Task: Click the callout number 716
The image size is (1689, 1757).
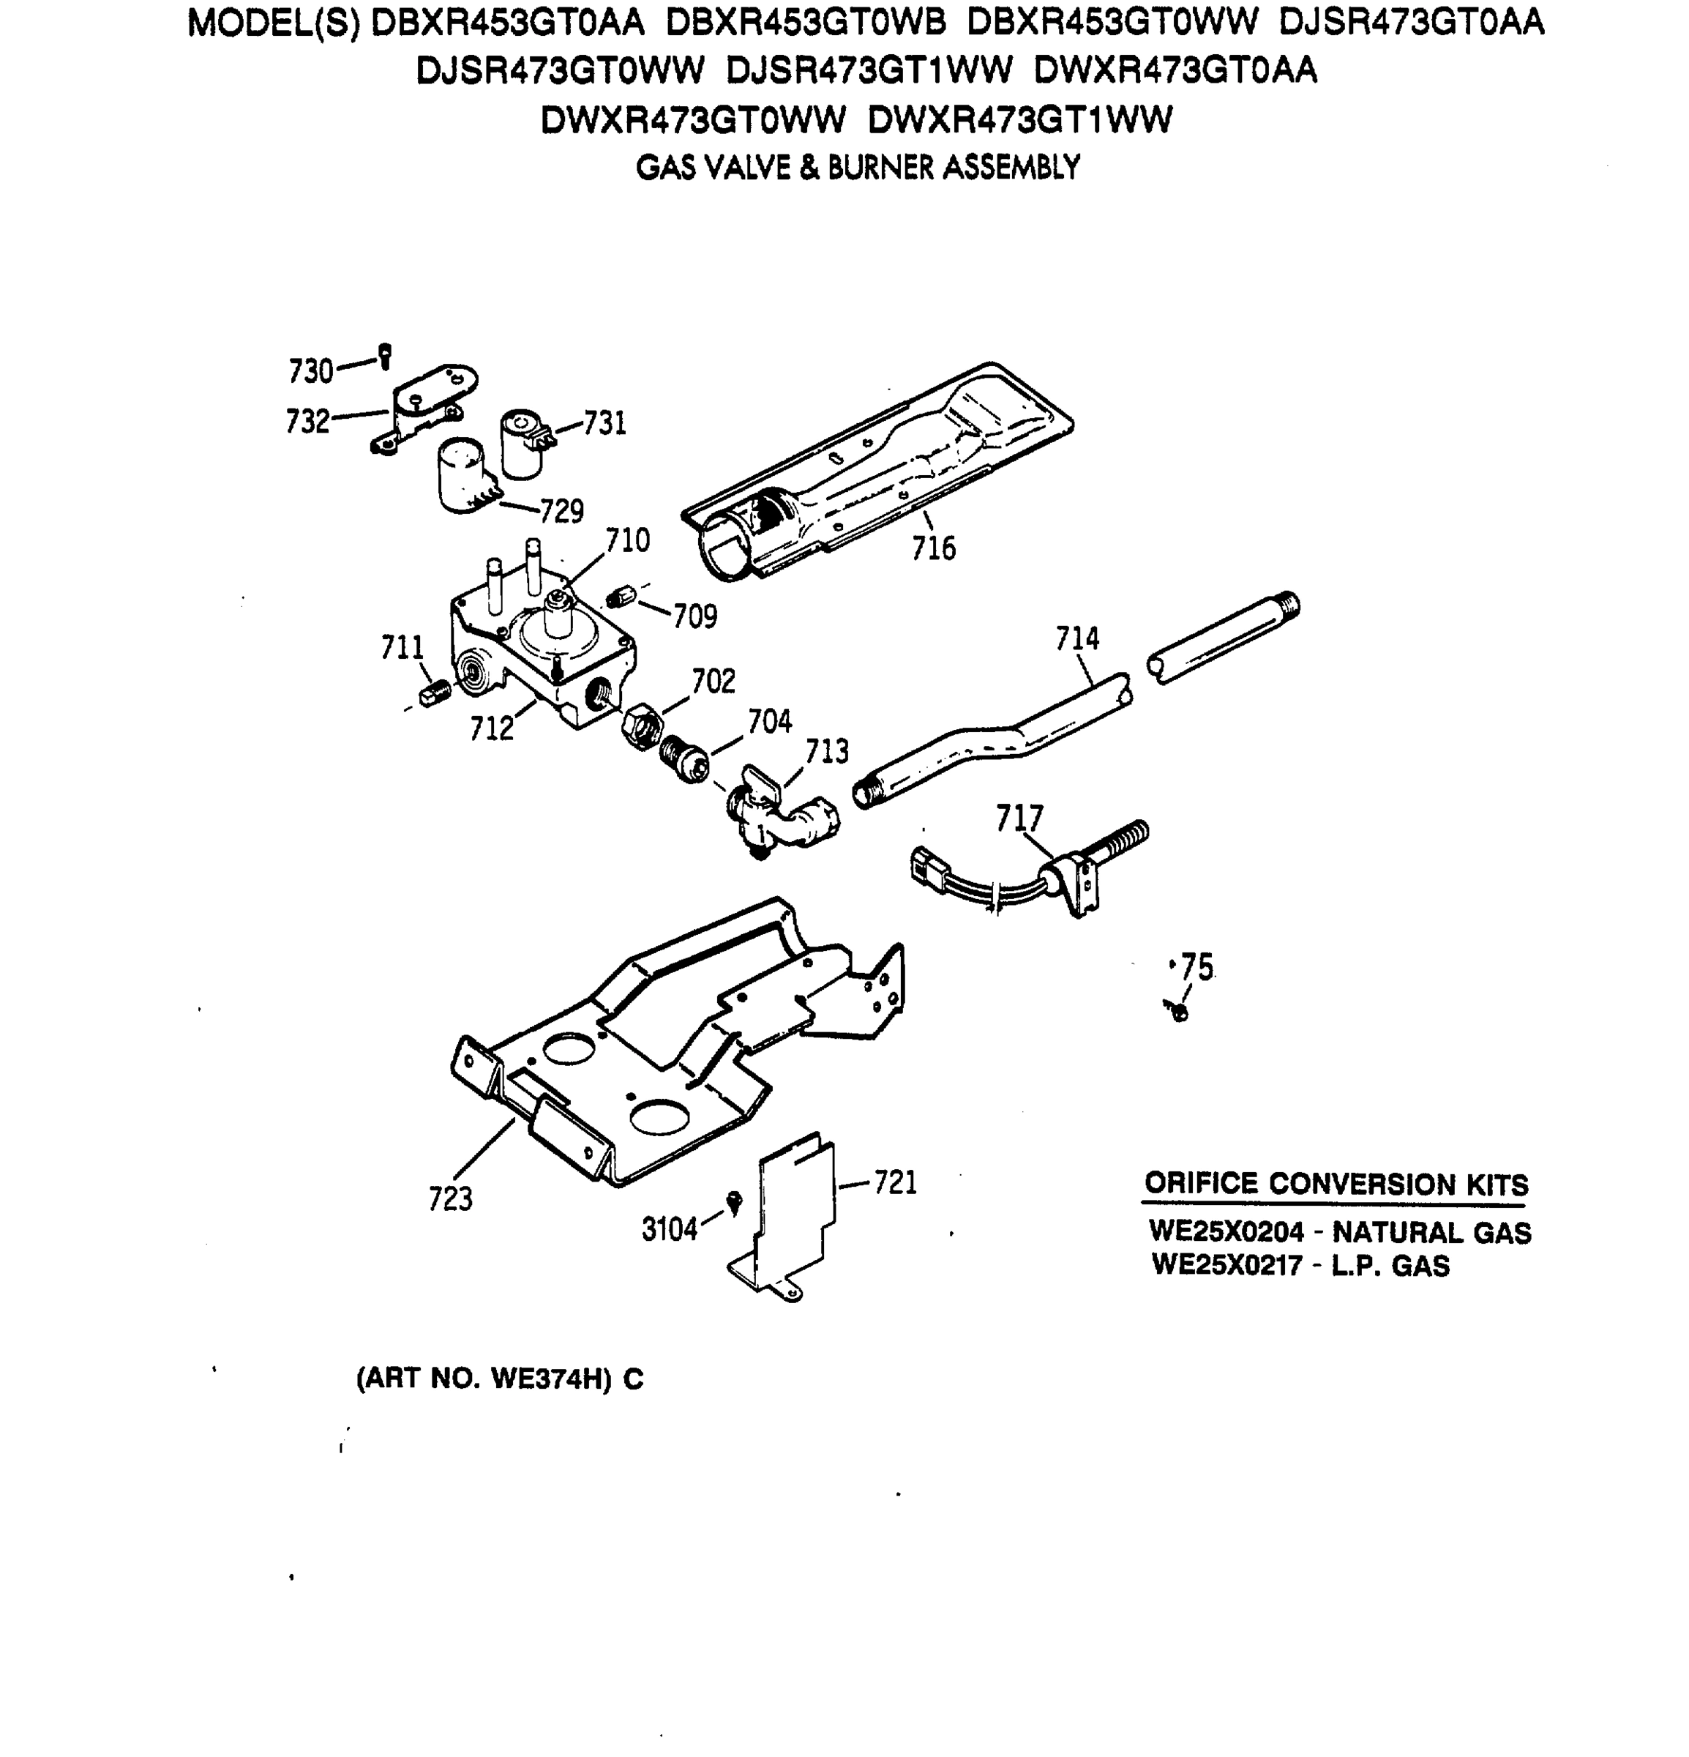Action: [933, 548]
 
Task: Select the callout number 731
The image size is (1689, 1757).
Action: [604, 423]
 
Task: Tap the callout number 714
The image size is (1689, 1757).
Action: [1076, 639]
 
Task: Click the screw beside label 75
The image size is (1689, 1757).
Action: [1178, 1011]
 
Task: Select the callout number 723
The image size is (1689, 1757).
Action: [450, 1198]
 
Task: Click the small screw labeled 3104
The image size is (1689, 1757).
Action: [735, 1201]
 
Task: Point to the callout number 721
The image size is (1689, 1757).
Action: [895, 1182]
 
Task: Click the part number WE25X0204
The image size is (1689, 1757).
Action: [1226, 1233]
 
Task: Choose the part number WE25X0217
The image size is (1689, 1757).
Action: [1226, 1266]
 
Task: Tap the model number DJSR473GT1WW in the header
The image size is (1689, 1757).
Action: [868, 71]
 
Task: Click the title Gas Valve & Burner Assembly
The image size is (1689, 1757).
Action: [858, 168]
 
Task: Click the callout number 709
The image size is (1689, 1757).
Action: [695, 616]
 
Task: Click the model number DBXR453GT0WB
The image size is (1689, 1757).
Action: [806, 23]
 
